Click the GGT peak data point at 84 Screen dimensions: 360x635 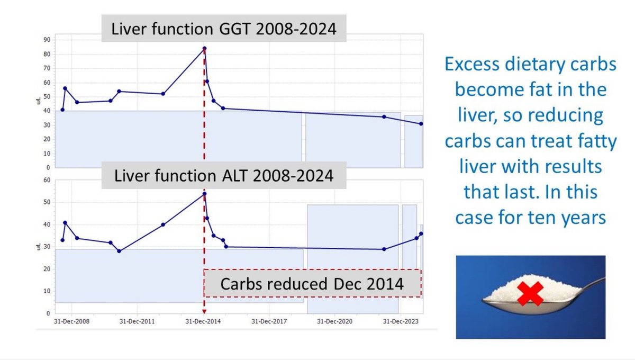pyautogui.click(x=204, y=48)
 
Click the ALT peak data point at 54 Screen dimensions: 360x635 pyautogui.click(x=204, y=194)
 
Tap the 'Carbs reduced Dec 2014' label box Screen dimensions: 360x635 pyautogui.click(x=312, y=283)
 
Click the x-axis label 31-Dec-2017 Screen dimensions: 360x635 pyautogui.click(x=269, y=321)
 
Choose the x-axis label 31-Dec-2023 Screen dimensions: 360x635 pyautogui.click(x=400, y=321)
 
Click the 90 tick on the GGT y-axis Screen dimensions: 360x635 pyautogui.click(x=47, y=40)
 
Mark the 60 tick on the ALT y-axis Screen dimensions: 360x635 pyautogui.click(x=47, y=181)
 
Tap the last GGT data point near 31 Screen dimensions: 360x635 pyautogui.click(x=421, y=124)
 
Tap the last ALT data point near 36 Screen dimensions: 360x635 pyautogui.click(x=421, y=233)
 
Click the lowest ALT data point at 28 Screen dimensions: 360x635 pyautogui.click(x=119, y=251)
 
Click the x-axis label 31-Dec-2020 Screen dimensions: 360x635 pyautogui.click(x=335, y=321)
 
